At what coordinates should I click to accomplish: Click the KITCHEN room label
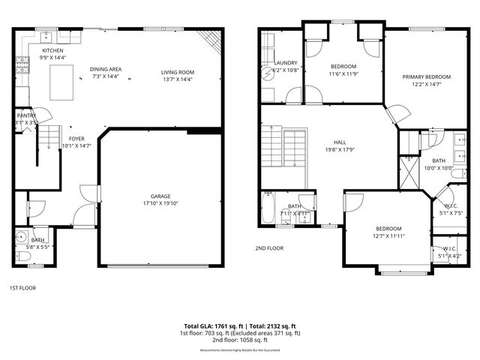click(52, 50)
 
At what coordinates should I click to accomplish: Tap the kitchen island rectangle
click(62, 82)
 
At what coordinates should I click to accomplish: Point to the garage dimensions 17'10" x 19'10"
click(160, 202)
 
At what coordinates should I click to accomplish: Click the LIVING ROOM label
click(178, 72)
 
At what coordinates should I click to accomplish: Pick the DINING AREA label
click(106, 69)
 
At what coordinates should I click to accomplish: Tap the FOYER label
click(76, 139)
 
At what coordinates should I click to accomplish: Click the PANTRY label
click(26, 115)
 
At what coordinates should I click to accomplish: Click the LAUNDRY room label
click(286, 63)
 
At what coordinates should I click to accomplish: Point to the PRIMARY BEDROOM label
click(426, 76)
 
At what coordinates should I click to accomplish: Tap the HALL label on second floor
click(340, 141)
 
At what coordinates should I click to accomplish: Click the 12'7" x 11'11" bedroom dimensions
click(388, 237)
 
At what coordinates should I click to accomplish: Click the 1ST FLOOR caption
click(22, 287)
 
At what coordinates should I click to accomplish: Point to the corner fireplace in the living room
click(213, 40)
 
